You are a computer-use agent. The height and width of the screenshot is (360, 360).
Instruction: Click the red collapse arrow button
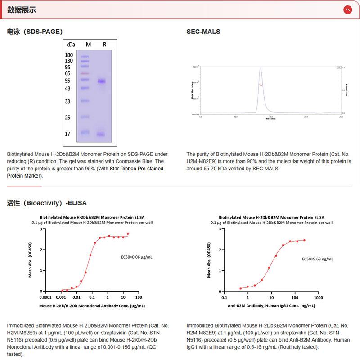347,10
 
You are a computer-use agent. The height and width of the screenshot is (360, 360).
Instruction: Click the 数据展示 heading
22,10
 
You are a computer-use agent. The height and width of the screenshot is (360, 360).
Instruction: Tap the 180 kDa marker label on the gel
69,55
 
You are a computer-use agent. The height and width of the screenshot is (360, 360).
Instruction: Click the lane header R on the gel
104,45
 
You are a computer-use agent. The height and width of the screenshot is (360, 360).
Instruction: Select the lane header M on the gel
88,45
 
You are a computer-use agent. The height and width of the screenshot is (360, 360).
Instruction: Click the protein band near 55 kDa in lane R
101,81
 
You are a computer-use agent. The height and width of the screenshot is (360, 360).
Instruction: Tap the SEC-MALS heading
203,32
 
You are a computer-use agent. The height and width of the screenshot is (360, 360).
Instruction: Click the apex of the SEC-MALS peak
260,68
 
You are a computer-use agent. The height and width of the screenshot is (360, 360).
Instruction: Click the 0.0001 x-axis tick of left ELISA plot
45,297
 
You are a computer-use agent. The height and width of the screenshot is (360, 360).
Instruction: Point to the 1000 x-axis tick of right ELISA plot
318,297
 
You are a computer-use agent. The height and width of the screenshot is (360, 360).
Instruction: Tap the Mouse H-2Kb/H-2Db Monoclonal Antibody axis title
92,305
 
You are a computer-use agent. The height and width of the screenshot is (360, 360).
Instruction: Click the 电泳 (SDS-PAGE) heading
35,32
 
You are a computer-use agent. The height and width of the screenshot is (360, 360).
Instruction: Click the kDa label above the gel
70,45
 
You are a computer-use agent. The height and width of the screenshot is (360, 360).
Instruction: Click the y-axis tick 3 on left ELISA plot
41,229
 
